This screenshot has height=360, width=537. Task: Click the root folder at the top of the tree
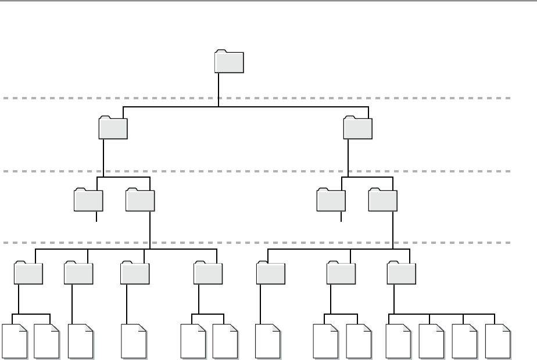click(230, 62)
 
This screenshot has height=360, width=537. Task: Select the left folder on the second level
click(113, 128)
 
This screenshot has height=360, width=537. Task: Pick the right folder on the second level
click(357, 128)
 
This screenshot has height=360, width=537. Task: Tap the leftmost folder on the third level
click(89, 200)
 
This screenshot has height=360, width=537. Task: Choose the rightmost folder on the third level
click(383, 200)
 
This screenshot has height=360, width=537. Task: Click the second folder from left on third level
click(140, 200)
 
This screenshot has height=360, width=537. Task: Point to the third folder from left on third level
click(331, 200)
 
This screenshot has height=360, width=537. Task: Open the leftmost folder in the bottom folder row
click(28, 272)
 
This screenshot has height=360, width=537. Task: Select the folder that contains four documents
click(402, 272)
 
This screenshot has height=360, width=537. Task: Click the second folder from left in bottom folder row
click(78, 272)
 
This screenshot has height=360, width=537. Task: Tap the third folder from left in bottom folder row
click(135, 272)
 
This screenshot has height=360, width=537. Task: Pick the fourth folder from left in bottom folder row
click(208, 272)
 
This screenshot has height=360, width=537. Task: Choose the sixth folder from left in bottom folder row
click(341, 272)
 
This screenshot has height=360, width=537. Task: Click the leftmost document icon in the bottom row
click(16, 342)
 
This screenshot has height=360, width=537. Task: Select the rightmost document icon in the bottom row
click(498, 342)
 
